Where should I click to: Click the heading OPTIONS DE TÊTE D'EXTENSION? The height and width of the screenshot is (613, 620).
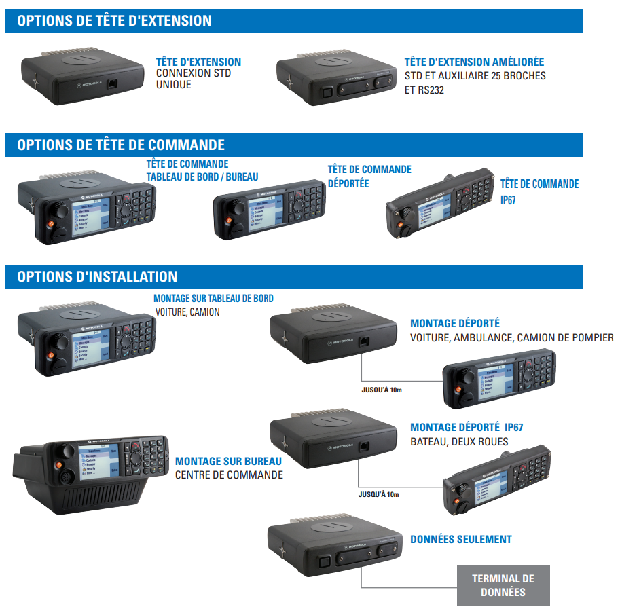pyautogui.click(x=115, y=21)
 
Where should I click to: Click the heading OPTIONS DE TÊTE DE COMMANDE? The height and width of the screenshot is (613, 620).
pyautogui.click(x=121, y=145)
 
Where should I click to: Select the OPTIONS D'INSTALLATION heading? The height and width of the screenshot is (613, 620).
pyautogui.click(x=97, y=276)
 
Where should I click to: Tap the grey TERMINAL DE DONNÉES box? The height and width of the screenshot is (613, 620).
pyautogui.click(x=503, y=585)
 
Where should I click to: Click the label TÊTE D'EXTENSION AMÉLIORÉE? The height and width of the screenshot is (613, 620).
pyautogui.click(x=474, y=62)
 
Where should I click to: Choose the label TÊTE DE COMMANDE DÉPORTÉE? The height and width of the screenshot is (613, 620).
pyautogui.click(x=369, y=176)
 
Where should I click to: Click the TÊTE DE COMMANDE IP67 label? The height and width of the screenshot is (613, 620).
pyautogui.click(x=539, y=191)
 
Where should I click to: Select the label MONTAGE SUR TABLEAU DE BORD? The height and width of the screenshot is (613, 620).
pyautogui.click(x=213, y=299)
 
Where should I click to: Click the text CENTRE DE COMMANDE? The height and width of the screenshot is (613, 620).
pyautogui.click(x=229, y=475)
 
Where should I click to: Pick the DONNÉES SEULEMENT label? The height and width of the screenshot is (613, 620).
pyautogui.click(x=461, y=539)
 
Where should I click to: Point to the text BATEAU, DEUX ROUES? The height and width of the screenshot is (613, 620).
pyautogui.click(x=459, y=441)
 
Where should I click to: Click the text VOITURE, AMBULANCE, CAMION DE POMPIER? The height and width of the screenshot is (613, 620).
pyautogui.click(x=511, y=337)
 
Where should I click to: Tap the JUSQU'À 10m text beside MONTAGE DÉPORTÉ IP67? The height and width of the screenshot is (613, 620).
pyautogui.click(x=379, y=494)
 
